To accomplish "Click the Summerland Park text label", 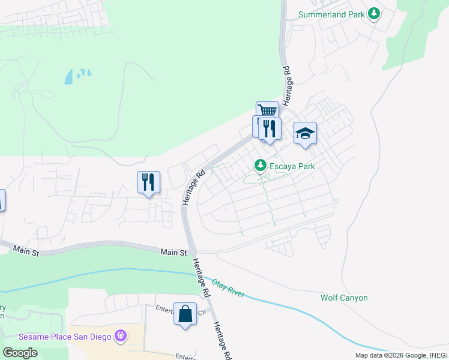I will tap(332, 14).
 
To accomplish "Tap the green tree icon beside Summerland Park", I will tap(375, 13).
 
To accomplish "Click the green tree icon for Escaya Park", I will tap(260, 164).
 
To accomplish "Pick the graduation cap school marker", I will tap(305, 133).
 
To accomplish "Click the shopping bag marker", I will tap(185, 313).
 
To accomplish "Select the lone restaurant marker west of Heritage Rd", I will tap(148, 182).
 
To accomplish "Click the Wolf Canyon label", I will tap(344, 298).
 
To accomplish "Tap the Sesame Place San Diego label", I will tap(65, 336).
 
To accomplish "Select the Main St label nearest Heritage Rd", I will tap(173, 253).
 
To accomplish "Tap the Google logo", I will tap(20, 353).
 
